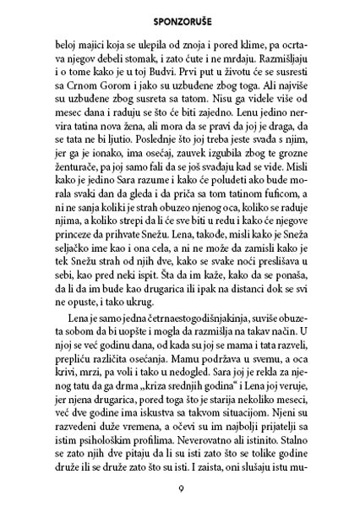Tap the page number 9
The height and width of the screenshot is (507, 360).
(x=180, y=488)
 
